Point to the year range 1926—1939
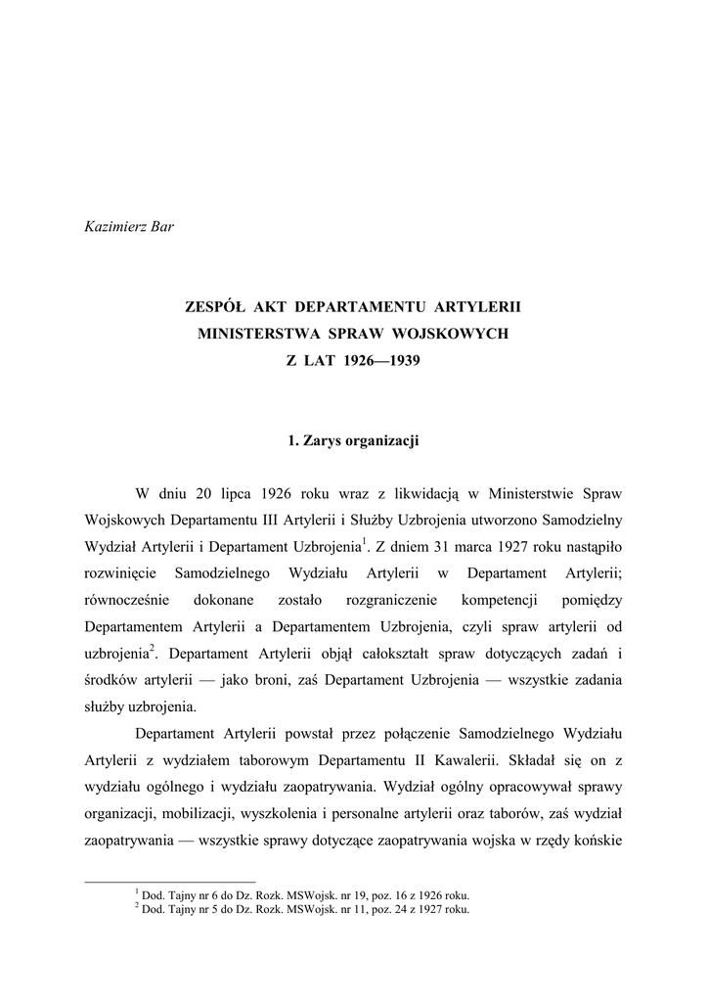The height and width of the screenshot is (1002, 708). [381, 360]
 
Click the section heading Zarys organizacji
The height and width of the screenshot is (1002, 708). [361, 441]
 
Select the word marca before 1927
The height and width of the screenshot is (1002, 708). [474, 545]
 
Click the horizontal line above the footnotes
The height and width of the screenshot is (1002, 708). [170, 881]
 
